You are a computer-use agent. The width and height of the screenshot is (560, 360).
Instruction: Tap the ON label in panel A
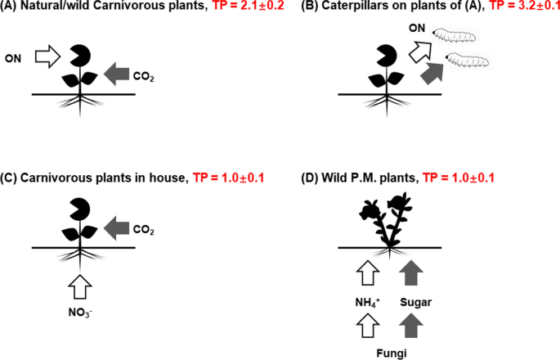click(15, 59)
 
